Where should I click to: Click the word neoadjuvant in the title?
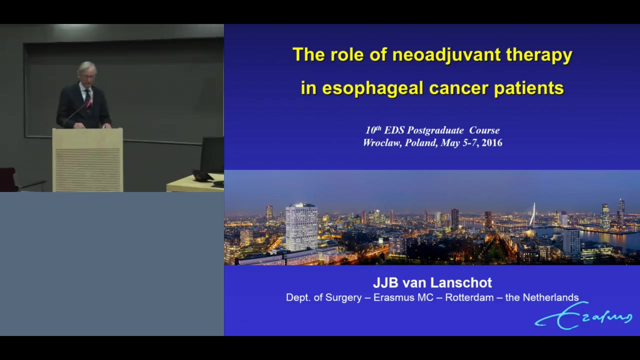(446, 55)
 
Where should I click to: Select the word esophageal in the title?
(372, 88)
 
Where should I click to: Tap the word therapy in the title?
(539, 55)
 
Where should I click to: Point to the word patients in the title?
(529, 88)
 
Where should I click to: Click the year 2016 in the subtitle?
(491, 142)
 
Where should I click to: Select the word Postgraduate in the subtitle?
(435, 130)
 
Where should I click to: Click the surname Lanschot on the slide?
(461, 282)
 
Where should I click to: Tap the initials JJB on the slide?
(385, 282)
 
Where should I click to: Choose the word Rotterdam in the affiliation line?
(469, 297)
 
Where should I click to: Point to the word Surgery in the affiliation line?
(343, 297)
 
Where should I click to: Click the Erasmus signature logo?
(583, 316)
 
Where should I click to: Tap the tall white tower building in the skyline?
(301, 226)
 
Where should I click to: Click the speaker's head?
(87, 73)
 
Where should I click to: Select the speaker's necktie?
(87, 95)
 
